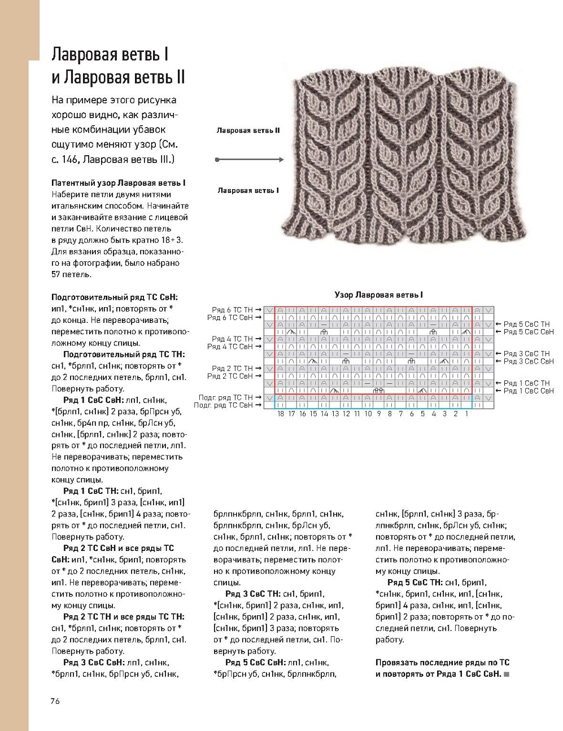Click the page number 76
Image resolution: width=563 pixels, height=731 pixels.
tap(55, 702)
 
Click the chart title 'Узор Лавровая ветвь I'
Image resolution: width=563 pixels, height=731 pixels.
tap(378, 295)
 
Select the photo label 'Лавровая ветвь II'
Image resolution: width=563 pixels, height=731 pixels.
tap(248, 130)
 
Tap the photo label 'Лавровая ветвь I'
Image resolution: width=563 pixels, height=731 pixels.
tap(248, 191)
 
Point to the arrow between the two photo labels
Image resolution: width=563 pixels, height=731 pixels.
tap(249, 160)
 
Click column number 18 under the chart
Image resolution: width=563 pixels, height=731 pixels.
tap(281, 414)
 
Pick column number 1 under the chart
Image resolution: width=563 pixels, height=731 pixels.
tap(467, 414)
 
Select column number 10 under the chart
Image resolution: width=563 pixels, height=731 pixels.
tap(368, 414)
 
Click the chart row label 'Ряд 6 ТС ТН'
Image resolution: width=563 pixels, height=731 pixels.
tap(232, 310)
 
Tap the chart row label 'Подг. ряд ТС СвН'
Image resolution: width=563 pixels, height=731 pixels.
tap(223, 405)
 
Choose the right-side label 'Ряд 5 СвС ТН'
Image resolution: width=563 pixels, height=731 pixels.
tap(527, 324)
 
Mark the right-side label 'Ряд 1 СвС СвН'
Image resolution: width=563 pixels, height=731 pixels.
tap(529, 391)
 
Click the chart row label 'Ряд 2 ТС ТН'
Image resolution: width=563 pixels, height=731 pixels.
tap(232, 369)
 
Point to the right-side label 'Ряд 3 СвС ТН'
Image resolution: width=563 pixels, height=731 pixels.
tap(527, 353)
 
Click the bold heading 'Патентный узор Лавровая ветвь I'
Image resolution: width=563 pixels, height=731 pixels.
tap(119, 183)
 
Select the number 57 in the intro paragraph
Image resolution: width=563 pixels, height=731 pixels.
tap(56, 275)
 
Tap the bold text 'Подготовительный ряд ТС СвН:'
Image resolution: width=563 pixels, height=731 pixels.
tap(114, 297)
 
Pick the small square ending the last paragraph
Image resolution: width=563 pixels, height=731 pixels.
tap(507, 674)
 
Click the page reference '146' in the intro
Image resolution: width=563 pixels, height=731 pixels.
tap(70, 160)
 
